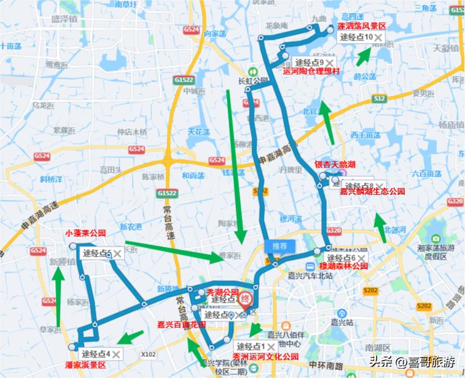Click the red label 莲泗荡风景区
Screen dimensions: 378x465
click(362, 26)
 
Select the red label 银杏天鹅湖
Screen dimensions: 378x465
click(334, 165)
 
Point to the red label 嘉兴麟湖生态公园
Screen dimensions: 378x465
click(372, 192)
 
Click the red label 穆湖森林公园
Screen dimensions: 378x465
click(343, 266)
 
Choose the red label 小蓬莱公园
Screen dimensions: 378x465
click(85, 234)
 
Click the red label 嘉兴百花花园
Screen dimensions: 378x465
click(180, 324)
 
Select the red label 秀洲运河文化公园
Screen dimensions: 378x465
click(265, 357)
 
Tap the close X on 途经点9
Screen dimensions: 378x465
click(328, 63)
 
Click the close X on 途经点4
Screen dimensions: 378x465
click(115, 354)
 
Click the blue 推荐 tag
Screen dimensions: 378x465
click(279, 246)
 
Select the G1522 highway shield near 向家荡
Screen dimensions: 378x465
click(183, 81)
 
